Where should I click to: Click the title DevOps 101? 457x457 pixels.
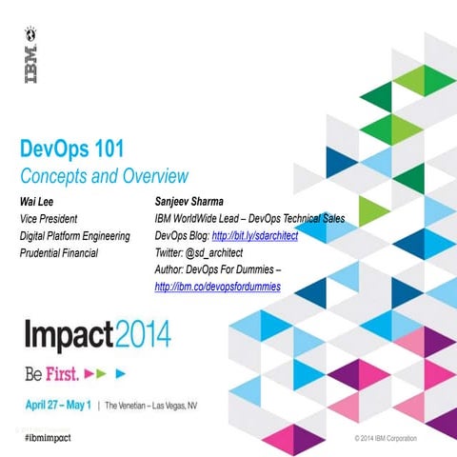85,149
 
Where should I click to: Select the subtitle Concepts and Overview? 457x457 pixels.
104,176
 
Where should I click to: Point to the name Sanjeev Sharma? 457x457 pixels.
198,202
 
